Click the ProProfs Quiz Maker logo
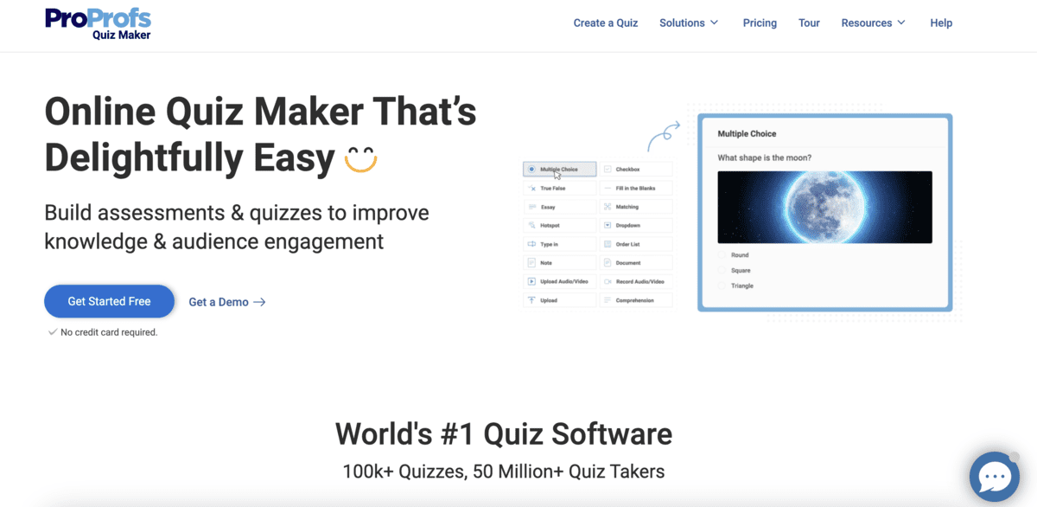98,23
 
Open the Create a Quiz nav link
605,23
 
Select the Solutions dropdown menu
689,23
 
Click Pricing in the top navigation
760,23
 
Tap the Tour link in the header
809,23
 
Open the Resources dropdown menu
873,23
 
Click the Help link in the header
941,23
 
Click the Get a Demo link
226,302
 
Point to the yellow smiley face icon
360,159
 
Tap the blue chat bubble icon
995,477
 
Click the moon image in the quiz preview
824,207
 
